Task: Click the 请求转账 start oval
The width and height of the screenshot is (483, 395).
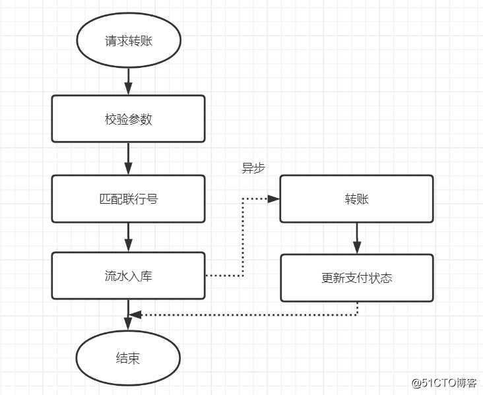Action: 129,40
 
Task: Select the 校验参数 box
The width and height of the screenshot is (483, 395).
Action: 129,119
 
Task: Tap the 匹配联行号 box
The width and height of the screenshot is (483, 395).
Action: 129,198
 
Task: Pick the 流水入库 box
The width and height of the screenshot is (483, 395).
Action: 129,276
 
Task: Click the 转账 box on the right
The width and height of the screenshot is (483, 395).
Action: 356,198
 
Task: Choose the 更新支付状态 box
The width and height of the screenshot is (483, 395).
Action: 356,278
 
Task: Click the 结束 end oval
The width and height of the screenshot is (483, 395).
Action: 129,359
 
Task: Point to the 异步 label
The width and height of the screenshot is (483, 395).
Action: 253,168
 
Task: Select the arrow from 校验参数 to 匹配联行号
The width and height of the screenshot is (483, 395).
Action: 129,158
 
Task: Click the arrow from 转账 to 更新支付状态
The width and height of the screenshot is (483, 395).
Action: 357,238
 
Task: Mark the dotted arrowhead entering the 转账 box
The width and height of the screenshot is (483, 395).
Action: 274,198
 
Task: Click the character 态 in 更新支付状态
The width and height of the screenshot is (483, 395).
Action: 386,278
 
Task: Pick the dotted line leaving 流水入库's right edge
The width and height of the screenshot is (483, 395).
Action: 224,276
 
